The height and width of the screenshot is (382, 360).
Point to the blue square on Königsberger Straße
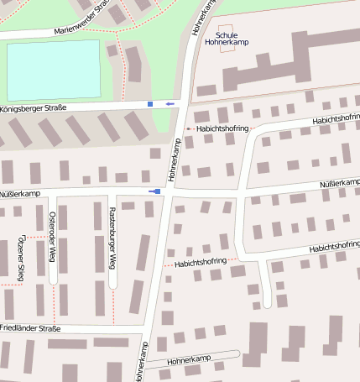(x=150, y=104)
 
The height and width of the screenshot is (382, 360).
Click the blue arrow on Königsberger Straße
(x=170, y=103)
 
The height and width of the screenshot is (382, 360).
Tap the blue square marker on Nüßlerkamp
(x=152, y=191)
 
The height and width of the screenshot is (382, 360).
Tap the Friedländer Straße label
(x=31, y=327)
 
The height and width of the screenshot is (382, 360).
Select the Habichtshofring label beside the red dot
(x=222, y=129)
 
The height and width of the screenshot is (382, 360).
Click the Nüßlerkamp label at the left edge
(x=21, y=193)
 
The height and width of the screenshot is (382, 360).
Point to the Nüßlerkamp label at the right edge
(x=340, y=183)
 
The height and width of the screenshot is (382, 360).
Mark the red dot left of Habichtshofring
(x=189, y=129)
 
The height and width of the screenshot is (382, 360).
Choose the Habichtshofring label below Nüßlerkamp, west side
(x=201, y=263)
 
